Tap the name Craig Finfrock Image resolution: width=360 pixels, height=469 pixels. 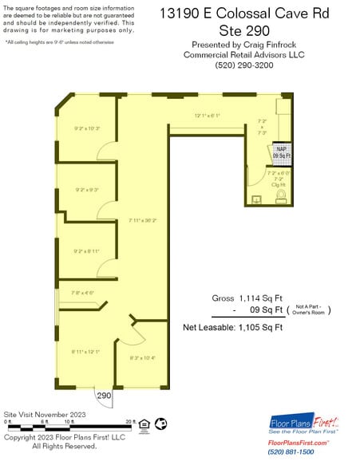259,45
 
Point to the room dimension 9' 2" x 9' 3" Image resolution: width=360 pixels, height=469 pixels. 86,190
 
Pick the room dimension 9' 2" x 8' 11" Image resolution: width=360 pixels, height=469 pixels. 86,250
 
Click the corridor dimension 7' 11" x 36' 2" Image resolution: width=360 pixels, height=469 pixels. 143,220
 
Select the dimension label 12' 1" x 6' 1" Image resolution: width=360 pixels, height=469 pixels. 207,116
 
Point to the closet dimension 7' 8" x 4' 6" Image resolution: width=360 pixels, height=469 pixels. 82,293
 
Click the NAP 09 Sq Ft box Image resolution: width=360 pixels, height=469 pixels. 282,152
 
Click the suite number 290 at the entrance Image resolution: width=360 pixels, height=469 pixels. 105,396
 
